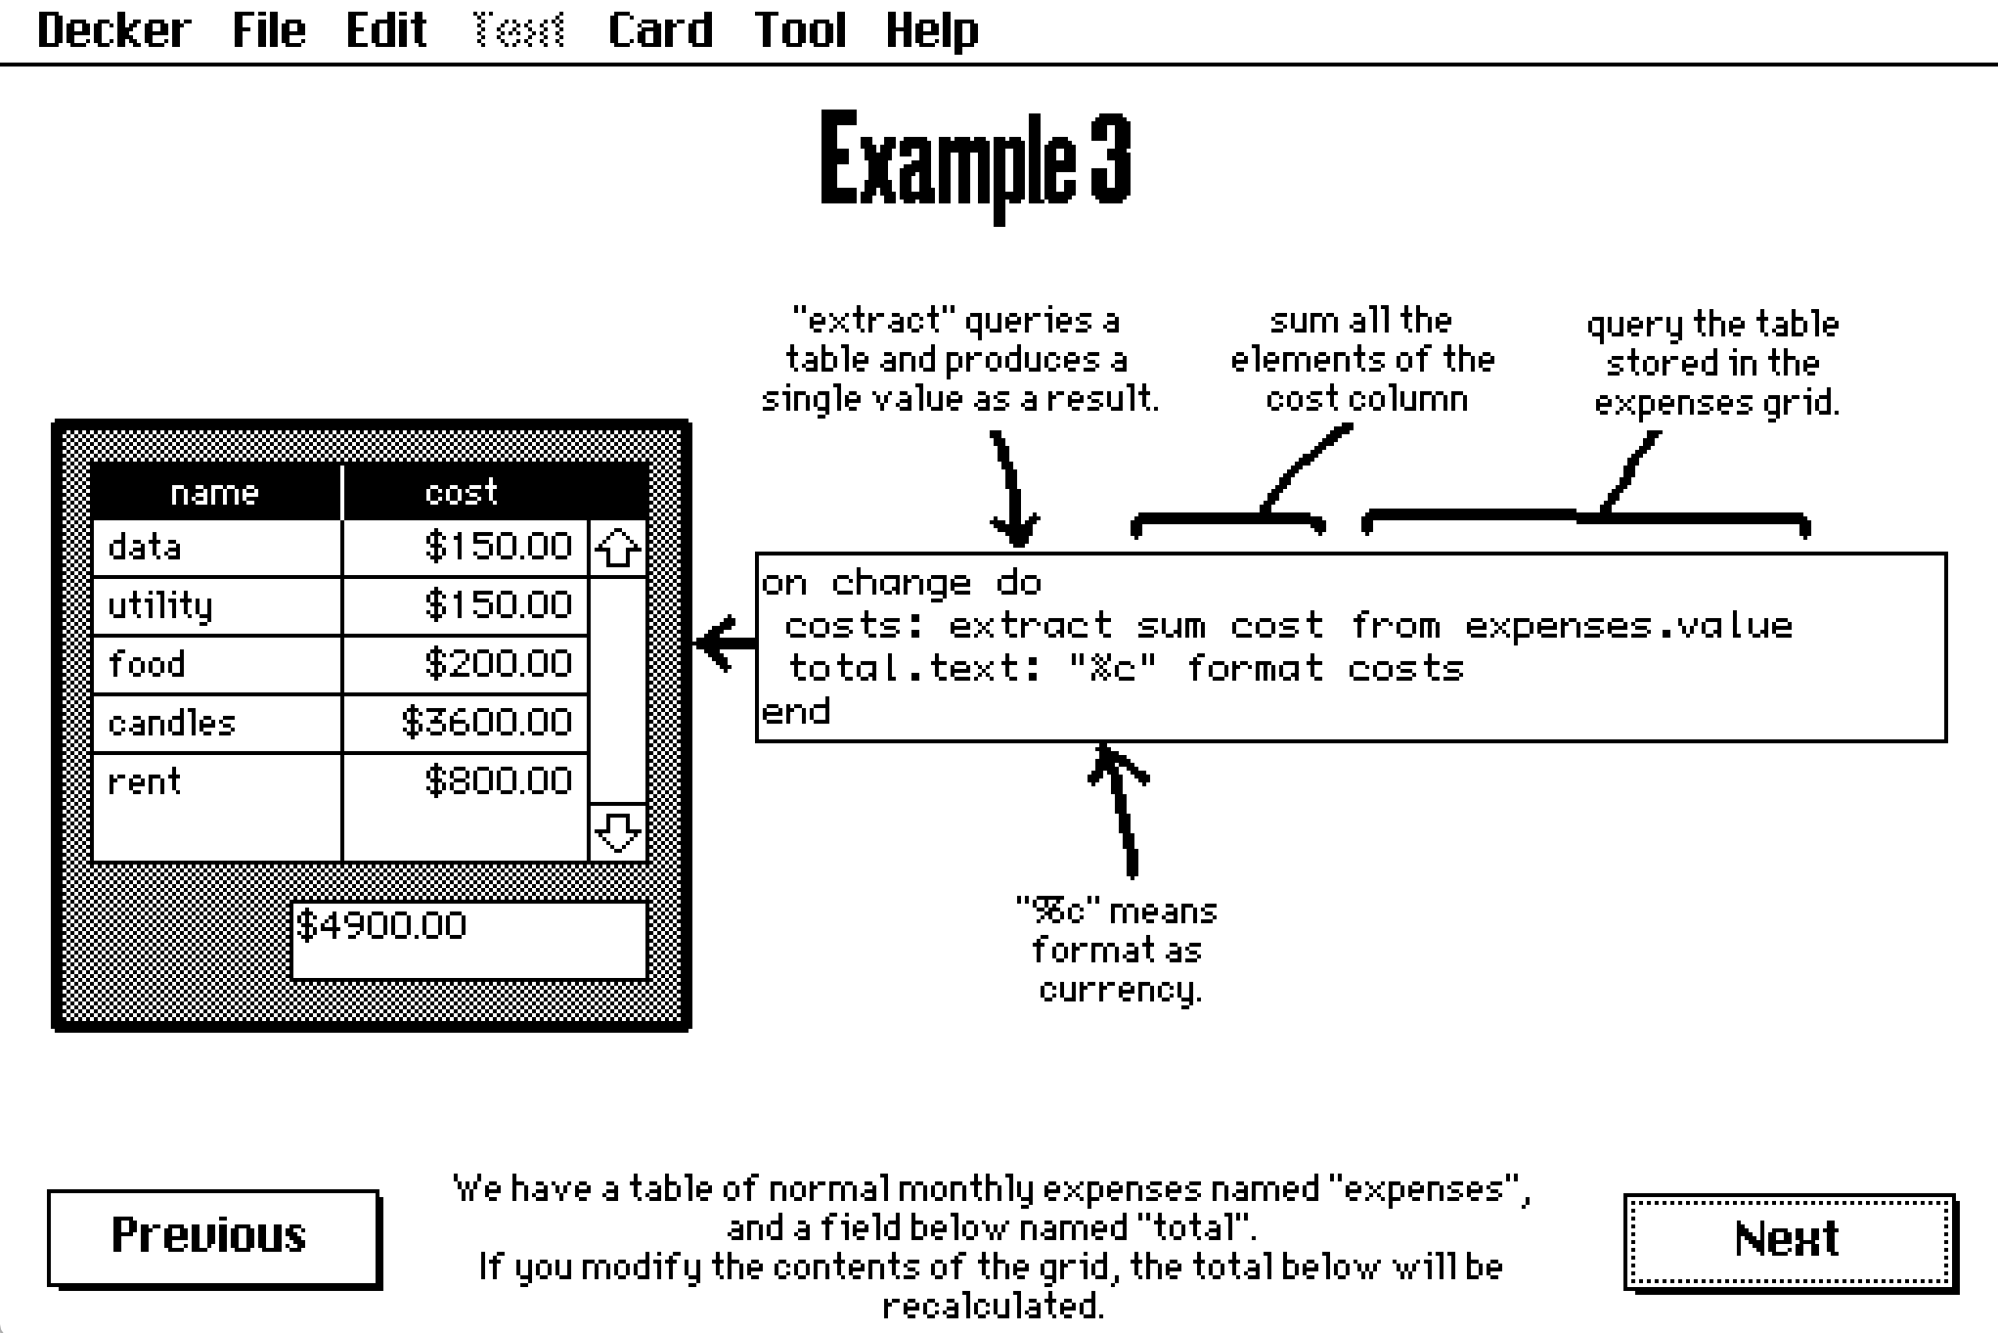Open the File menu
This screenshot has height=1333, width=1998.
269,30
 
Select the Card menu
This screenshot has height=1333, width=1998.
660,30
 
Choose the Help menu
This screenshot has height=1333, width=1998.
931,30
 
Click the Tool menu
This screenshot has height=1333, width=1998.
800,30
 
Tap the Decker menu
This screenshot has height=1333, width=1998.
113,30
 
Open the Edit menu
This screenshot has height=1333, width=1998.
386,30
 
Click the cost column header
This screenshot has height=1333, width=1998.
462,492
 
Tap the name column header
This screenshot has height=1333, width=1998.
214,492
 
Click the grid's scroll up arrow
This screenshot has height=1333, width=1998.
618,549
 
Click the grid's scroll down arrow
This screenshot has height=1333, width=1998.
618,832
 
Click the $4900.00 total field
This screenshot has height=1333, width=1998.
469,939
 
